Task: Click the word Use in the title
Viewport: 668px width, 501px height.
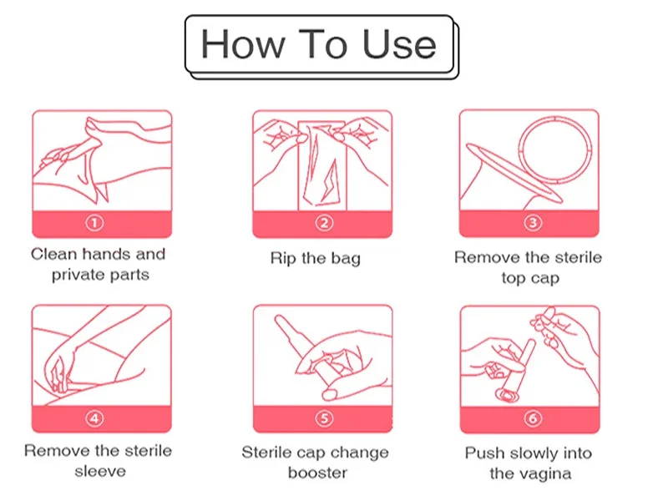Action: (399, 44)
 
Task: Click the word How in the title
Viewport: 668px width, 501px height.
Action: (243, 44)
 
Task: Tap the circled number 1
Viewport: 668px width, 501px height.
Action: (94, 223)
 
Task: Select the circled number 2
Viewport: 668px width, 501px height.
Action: (324, 223)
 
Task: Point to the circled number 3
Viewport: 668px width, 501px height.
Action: (533, 223)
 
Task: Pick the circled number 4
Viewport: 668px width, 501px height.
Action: (94, 418)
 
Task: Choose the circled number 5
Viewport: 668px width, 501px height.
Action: (324, 418)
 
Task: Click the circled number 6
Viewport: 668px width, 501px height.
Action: (533, 418)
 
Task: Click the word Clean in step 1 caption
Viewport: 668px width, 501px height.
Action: (53, 255)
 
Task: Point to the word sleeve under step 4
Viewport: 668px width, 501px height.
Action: (100, 472)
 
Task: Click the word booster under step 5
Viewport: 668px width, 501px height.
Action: (317, 473)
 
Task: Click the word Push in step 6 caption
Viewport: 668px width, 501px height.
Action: (485, 453)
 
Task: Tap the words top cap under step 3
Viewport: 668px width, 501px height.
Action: (530, 279)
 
